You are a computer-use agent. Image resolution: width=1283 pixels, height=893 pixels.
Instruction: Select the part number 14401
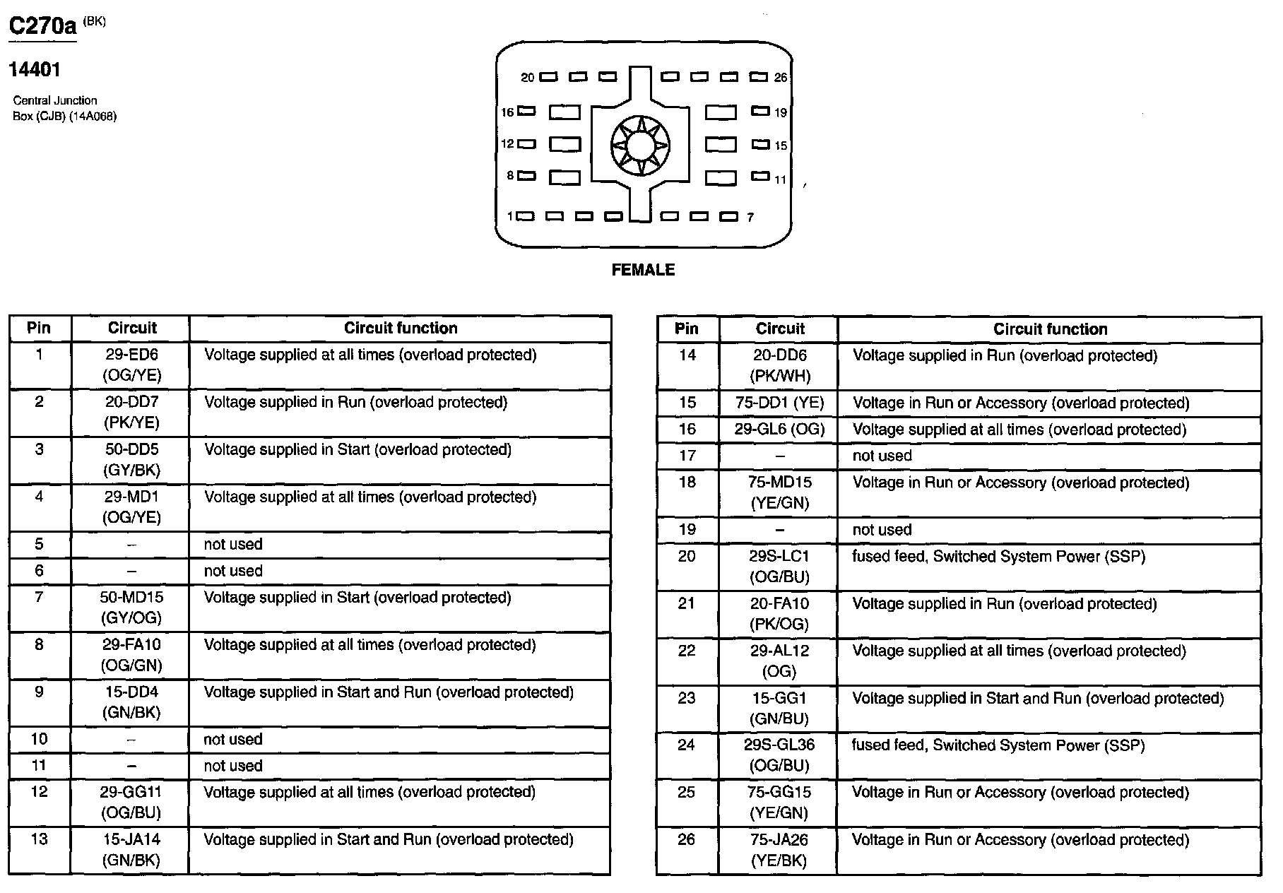35,70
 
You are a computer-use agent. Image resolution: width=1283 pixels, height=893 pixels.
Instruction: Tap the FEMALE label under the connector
643,270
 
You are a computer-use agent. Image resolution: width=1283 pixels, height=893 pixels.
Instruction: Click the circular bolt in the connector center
640,146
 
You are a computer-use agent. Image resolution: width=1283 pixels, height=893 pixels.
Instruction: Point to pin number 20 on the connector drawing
528,78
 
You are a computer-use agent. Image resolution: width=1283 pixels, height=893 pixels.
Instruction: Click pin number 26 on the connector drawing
780,78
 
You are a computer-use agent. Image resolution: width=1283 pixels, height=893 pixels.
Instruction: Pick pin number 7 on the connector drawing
750,218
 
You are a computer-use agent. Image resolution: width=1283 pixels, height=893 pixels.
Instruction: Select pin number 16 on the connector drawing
507,112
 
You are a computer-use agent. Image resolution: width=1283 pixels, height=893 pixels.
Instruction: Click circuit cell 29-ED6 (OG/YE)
131,365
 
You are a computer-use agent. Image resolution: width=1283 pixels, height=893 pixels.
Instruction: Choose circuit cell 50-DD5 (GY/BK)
131,459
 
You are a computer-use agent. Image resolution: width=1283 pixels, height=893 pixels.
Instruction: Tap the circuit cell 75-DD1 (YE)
780,403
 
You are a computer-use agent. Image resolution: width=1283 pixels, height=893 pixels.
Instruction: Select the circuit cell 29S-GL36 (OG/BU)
780,755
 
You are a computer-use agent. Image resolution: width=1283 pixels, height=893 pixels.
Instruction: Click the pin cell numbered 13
40,839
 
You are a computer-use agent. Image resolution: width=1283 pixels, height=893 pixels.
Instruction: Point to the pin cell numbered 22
687,651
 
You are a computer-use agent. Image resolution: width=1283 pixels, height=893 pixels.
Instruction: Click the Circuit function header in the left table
401,328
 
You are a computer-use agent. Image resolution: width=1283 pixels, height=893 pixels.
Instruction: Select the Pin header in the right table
687,329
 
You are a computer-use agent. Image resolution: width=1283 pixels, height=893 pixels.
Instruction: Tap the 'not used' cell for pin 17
882,456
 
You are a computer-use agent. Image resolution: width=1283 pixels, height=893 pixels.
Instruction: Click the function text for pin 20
998,557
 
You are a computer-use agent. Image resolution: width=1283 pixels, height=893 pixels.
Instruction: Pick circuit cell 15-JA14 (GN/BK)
131,849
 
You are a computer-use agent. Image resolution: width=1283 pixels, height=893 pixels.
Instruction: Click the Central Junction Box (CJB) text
64,108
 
